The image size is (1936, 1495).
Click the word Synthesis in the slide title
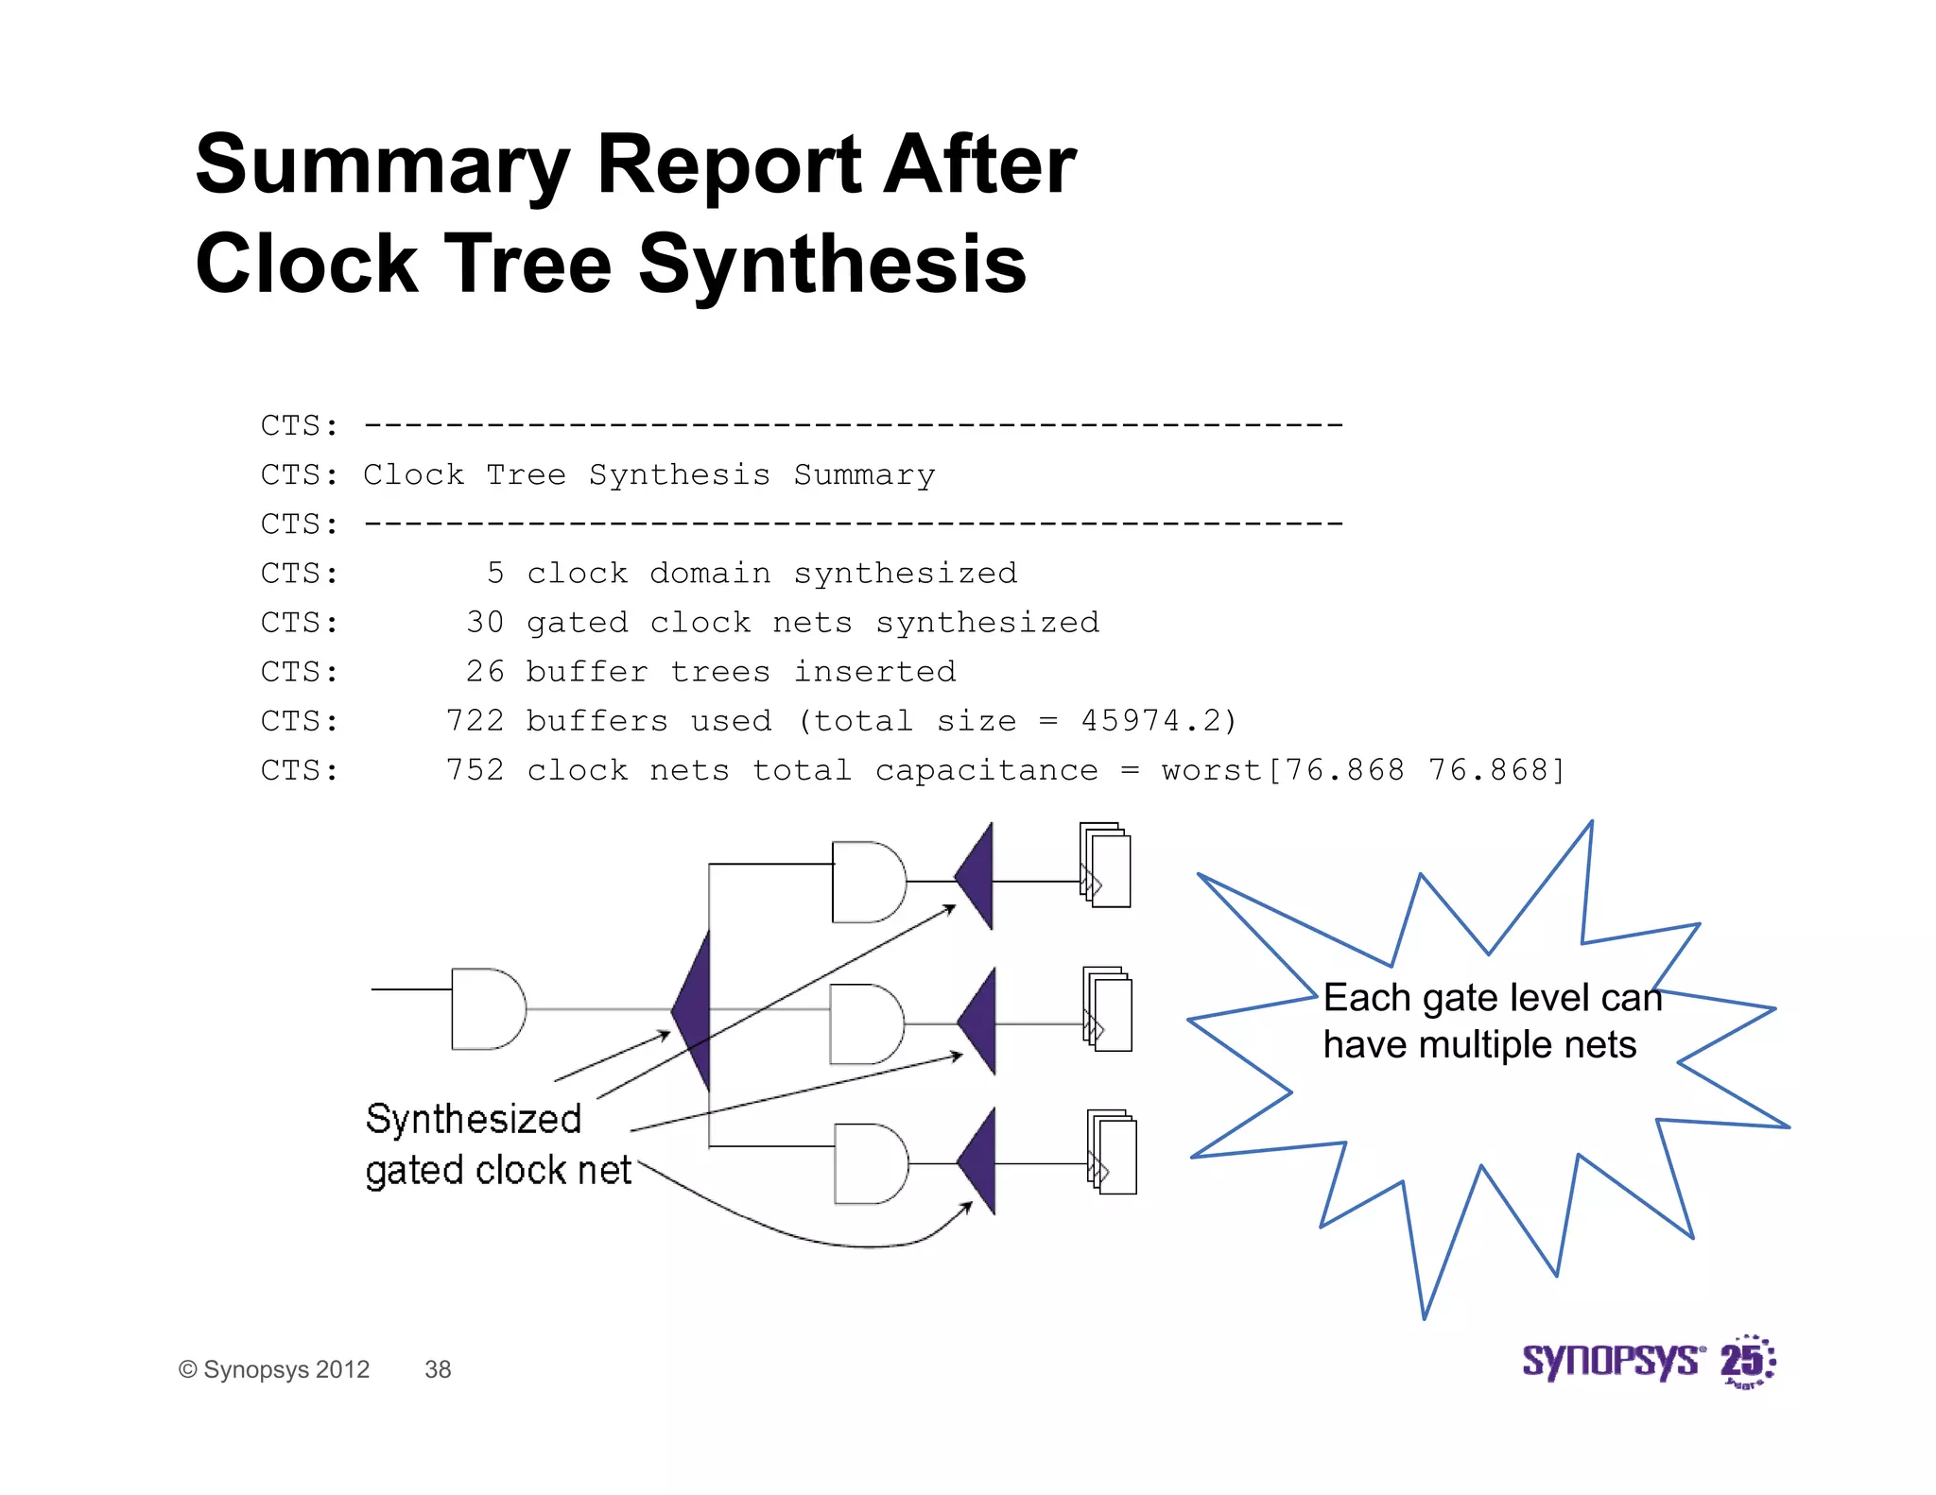tap(832, 265)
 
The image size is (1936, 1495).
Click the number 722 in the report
tap(475, 721)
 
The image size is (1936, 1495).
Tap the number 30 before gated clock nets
tap(485, 623)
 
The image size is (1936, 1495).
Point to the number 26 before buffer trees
tap(485, 672)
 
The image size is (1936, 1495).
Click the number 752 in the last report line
tap(475, 770)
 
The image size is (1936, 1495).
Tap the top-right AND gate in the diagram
tap(867, 882)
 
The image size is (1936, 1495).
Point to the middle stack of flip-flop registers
tap(1108, 1009)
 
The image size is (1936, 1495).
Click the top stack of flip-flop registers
tap(1106, 866)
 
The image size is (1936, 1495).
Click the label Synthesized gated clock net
tap(496, 1144)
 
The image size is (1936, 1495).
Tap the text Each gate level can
tap(1491, 998)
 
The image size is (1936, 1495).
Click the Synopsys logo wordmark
tap(1611, 1362)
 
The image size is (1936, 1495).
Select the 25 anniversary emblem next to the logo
tap(1747, 1362)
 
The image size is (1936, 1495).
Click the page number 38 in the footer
tap(438, 1369)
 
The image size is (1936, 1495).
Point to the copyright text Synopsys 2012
tap(274, 1369)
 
